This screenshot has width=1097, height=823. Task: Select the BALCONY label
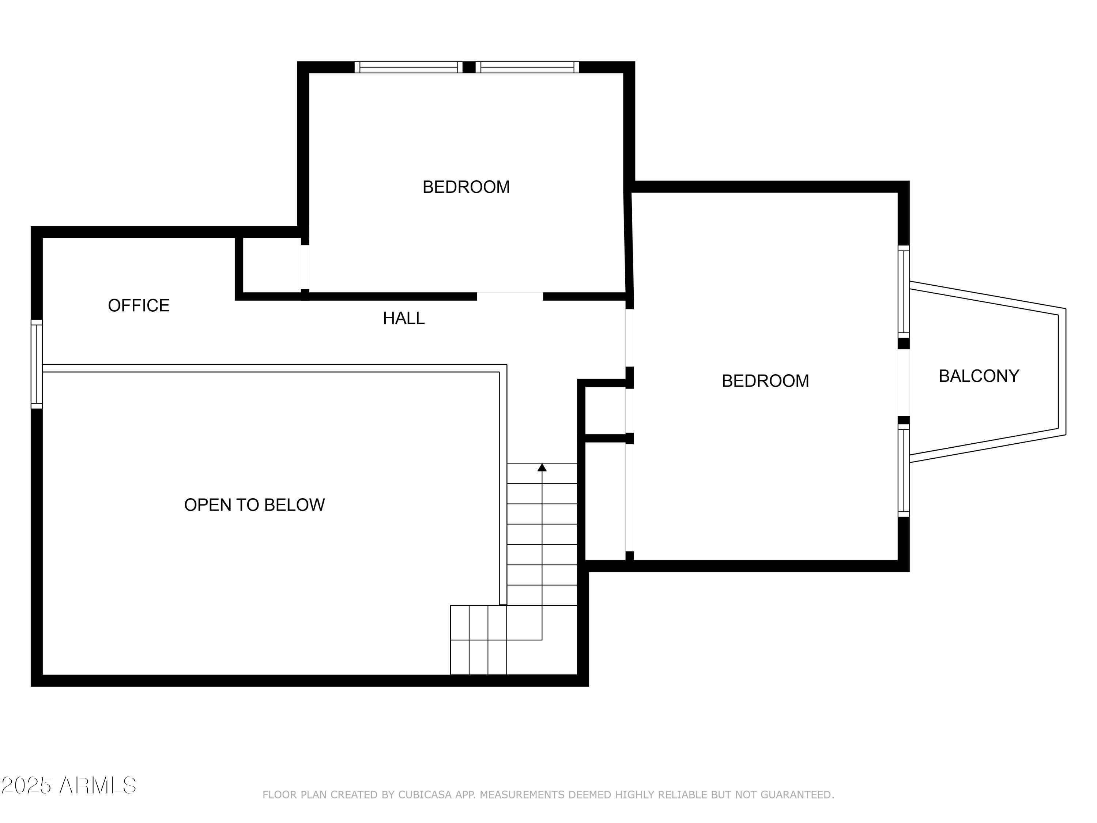point(979,376)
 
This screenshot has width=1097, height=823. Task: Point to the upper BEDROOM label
point(466,187)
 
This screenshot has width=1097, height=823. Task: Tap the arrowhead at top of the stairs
point(542,467)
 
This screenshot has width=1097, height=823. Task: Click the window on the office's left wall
point(37,364)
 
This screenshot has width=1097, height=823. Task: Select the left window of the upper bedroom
point(408,67)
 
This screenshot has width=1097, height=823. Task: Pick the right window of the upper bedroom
point(527,67)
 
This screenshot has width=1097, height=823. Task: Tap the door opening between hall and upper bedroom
point(510,297)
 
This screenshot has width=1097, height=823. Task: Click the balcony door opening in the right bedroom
point(904,383)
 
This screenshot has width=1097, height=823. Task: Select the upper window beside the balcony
point(904,292)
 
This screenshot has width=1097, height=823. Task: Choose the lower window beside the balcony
point(904,470)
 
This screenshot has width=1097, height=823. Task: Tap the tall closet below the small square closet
point(605,501)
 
